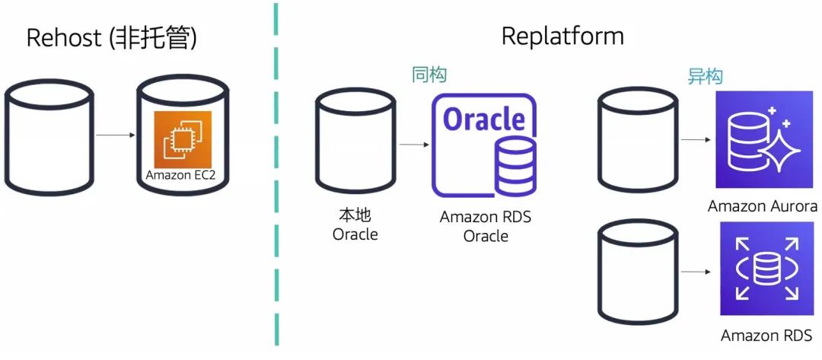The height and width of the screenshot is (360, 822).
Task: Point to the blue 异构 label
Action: click(x=705, y=76)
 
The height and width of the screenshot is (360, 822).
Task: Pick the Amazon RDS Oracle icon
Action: click(x=483, y=145)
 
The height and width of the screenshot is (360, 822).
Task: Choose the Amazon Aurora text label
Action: click(x=762, y=206)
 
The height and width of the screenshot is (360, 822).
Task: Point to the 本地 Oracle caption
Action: click(x=355, y=225)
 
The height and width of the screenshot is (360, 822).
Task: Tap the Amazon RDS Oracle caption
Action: click(x=486, y=226)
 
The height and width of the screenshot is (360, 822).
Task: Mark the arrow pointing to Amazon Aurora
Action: click(x=695, y=140)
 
